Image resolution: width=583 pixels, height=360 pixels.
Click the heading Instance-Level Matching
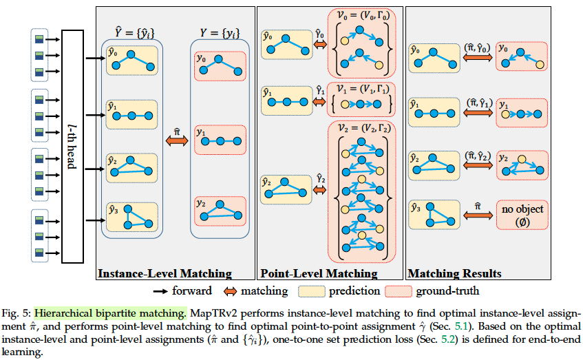(165, 273)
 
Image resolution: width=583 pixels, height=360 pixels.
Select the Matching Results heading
(454, 273)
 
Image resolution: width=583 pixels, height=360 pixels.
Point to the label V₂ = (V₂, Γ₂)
(361, 129)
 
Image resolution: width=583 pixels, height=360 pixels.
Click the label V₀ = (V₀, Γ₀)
(361, 14)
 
